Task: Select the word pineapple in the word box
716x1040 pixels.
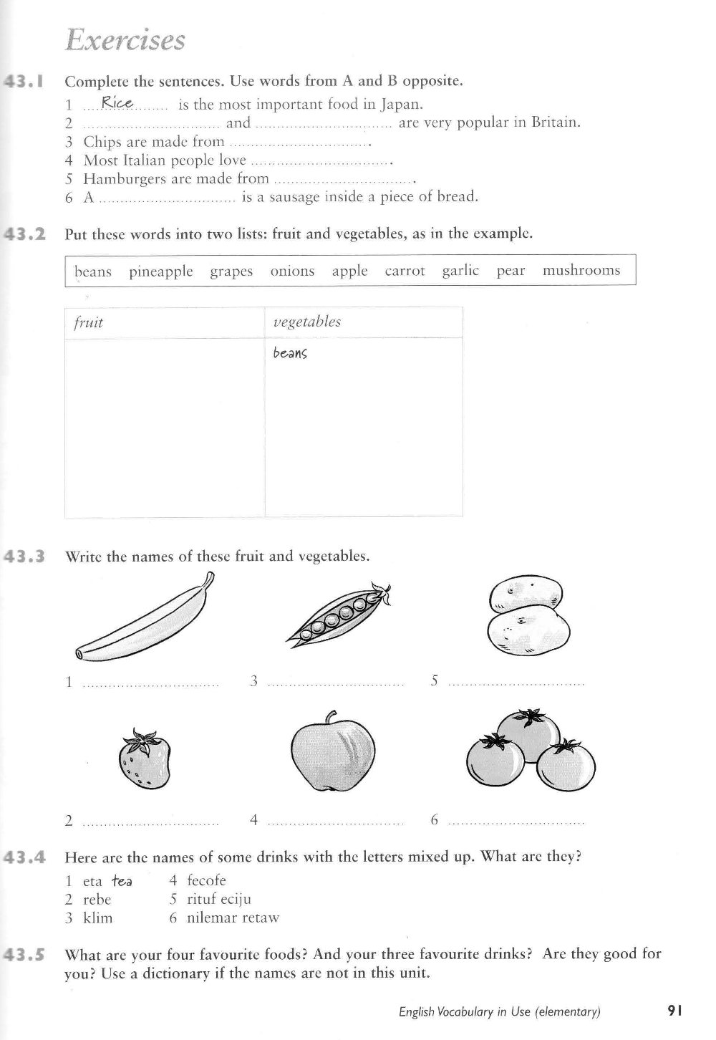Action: pyautogui.click(x=161, y=271)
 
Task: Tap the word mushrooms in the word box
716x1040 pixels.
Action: pyautogui.click(x=581, y=271)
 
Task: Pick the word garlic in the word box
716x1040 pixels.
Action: pyautogui.click(x=460, y=271)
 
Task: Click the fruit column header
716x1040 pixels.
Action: pyautogui.click(x=89, y=322)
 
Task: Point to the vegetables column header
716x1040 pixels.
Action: pyautogui.click(x=307, y=322)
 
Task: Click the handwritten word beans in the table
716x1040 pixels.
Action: pyautogui.click(x=290, y=353)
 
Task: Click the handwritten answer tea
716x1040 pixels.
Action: pyautogui.click(x=121, y=881)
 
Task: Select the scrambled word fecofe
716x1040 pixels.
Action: pyautogui.click(x=206, y=880)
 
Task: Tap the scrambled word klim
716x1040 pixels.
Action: pyautogui.click(x=98, y=918)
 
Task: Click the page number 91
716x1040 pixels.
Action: pyautogui.click(x=674, y=1011)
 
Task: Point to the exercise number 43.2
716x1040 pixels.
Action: pyautogui.click(x=26, y=233)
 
